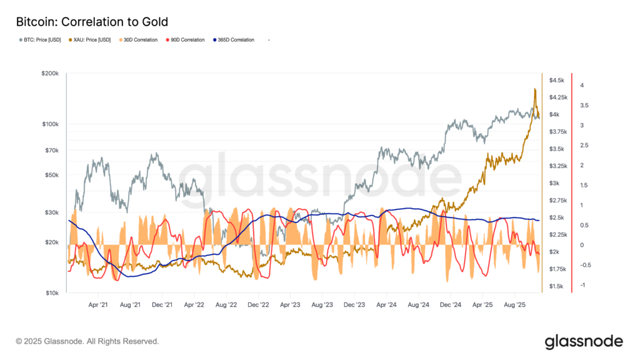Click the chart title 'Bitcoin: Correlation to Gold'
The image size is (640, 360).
point(92,22)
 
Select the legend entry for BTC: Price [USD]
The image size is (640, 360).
point(38,40)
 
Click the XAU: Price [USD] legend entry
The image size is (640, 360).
point(89,40)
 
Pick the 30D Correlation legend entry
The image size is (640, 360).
point(139,40)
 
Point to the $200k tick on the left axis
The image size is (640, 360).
point(50,74)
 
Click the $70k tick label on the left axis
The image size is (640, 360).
point(51,151)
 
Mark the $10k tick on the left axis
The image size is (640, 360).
point(51,293)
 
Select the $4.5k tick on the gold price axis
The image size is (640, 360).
point(557,81)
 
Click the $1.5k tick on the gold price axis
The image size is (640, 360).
point(557,286)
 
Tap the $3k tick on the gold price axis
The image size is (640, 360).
point(555,183)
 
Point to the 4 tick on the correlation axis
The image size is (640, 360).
point(582,85)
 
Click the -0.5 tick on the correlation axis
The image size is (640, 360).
point(584,265)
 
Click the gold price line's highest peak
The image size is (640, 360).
point(535,89)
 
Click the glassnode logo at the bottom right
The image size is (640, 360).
point(584,341)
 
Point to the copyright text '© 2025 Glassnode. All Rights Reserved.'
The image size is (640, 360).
point(87,341)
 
